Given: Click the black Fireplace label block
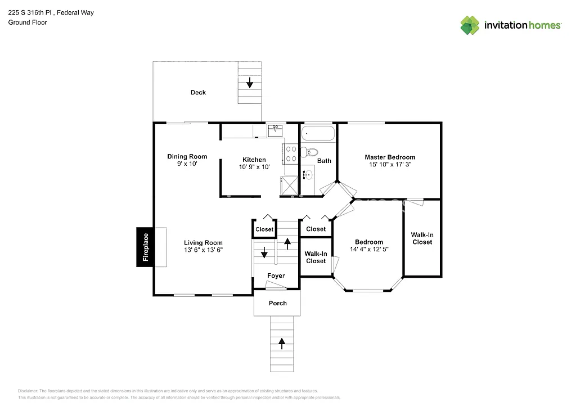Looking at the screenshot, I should [x=145, y=247].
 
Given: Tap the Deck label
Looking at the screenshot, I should [x=198, y=93].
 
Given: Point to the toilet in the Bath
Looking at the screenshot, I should [x=309, y=152].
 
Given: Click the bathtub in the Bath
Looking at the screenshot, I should [x=318, y=134].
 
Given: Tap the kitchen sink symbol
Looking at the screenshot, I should [x=276, y=130].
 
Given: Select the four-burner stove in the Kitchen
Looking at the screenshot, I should [x=291, y=153].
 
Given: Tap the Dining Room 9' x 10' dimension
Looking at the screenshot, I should [x=187, y=165].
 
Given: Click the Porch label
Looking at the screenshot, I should [x=277, y=304].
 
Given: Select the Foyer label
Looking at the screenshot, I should [x=276, y=276].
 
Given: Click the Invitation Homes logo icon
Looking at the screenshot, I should [x=470, y=25].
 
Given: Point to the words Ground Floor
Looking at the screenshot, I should [x=28, y=23].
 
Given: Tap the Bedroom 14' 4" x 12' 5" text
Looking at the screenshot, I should [x=368, y=249].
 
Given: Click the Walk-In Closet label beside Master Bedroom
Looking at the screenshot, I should [x=422, y=238].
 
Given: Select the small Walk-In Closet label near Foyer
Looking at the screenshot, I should [x=316, y=257].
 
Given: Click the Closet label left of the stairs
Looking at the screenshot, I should [x=264, y=229].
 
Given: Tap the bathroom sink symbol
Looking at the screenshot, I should [x=308, y=175].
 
